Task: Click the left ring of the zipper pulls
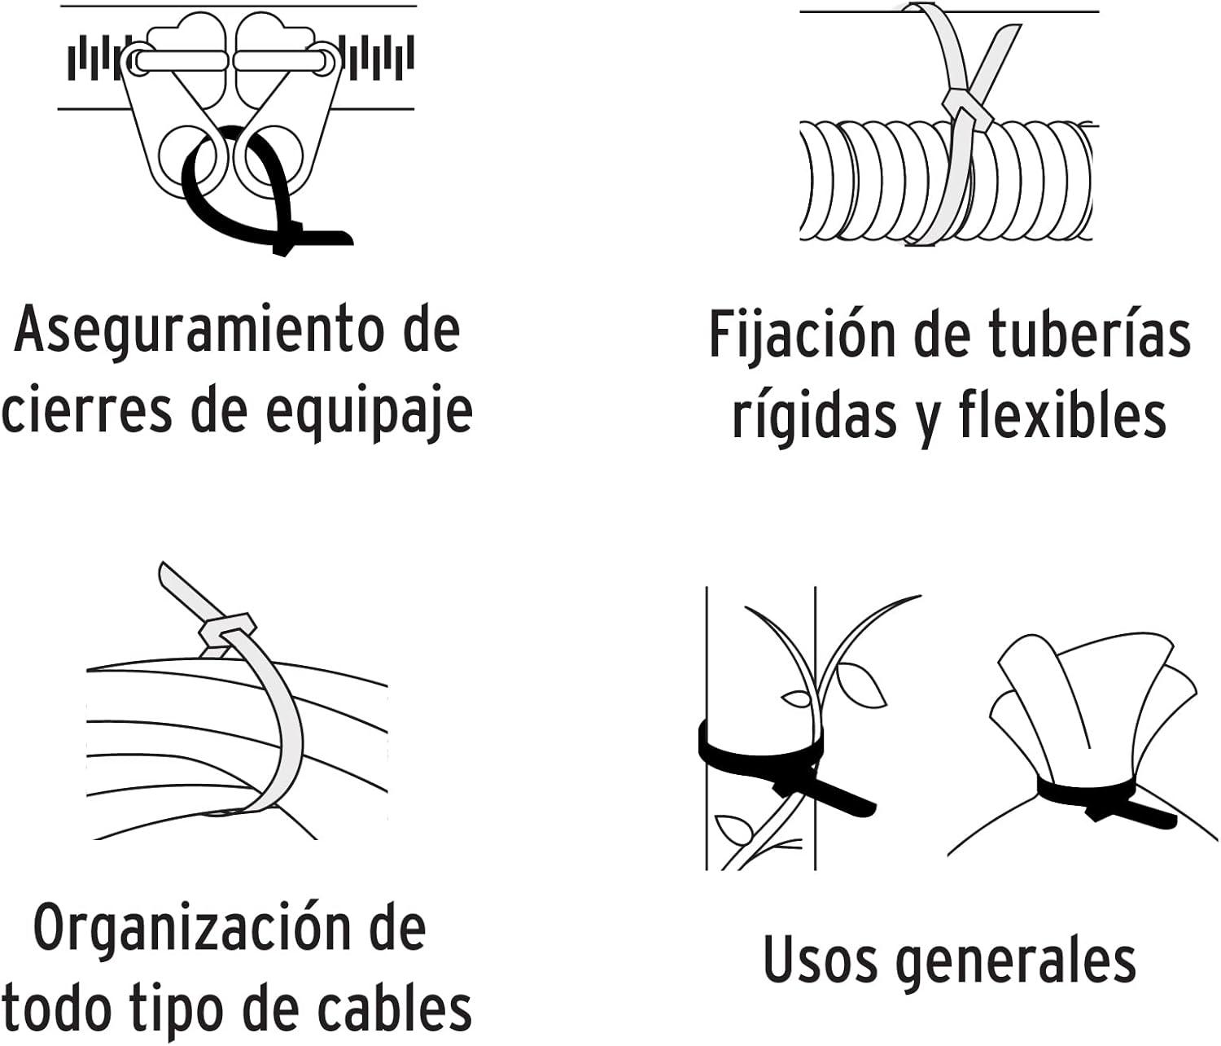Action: [x=186, y=155]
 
